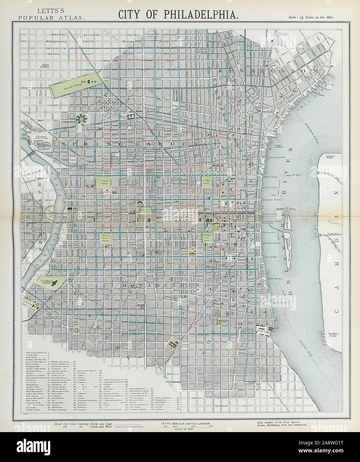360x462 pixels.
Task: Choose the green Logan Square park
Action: pyautogui.click(x=103, y=182)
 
